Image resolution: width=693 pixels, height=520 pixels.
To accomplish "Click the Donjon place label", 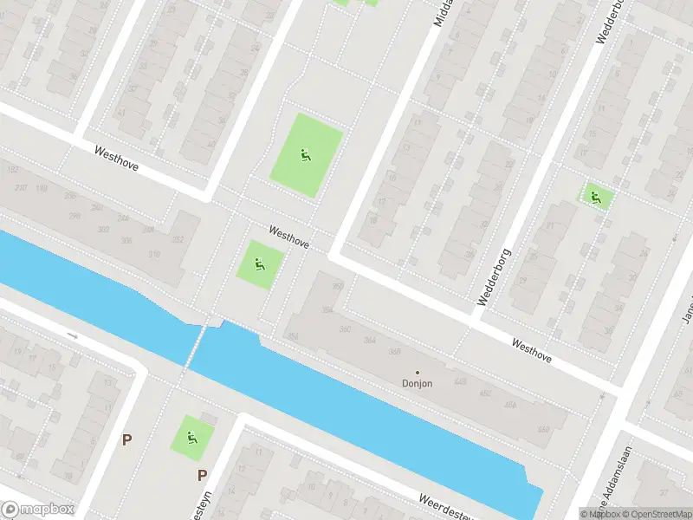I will [x=417, y=383].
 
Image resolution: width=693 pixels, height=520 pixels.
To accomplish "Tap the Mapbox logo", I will [x=38, y=510].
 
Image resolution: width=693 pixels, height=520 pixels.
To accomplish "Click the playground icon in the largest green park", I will [x=305, y=156].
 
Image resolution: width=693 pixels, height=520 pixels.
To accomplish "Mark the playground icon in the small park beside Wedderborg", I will [x=594, y=197].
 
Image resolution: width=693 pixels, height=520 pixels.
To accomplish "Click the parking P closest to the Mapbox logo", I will [x=126, y=440].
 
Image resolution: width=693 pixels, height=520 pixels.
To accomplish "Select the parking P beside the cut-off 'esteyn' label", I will [x=202, y=475].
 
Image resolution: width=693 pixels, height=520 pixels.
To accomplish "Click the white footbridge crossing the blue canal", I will [x=197, y=343].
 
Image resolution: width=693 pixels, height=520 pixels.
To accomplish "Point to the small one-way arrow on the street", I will [x=73, y=335].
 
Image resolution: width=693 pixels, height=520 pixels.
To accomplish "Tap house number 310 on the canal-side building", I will [x=154, y=254].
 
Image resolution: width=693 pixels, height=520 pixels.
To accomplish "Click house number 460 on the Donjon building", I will [x=543, y=429].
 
